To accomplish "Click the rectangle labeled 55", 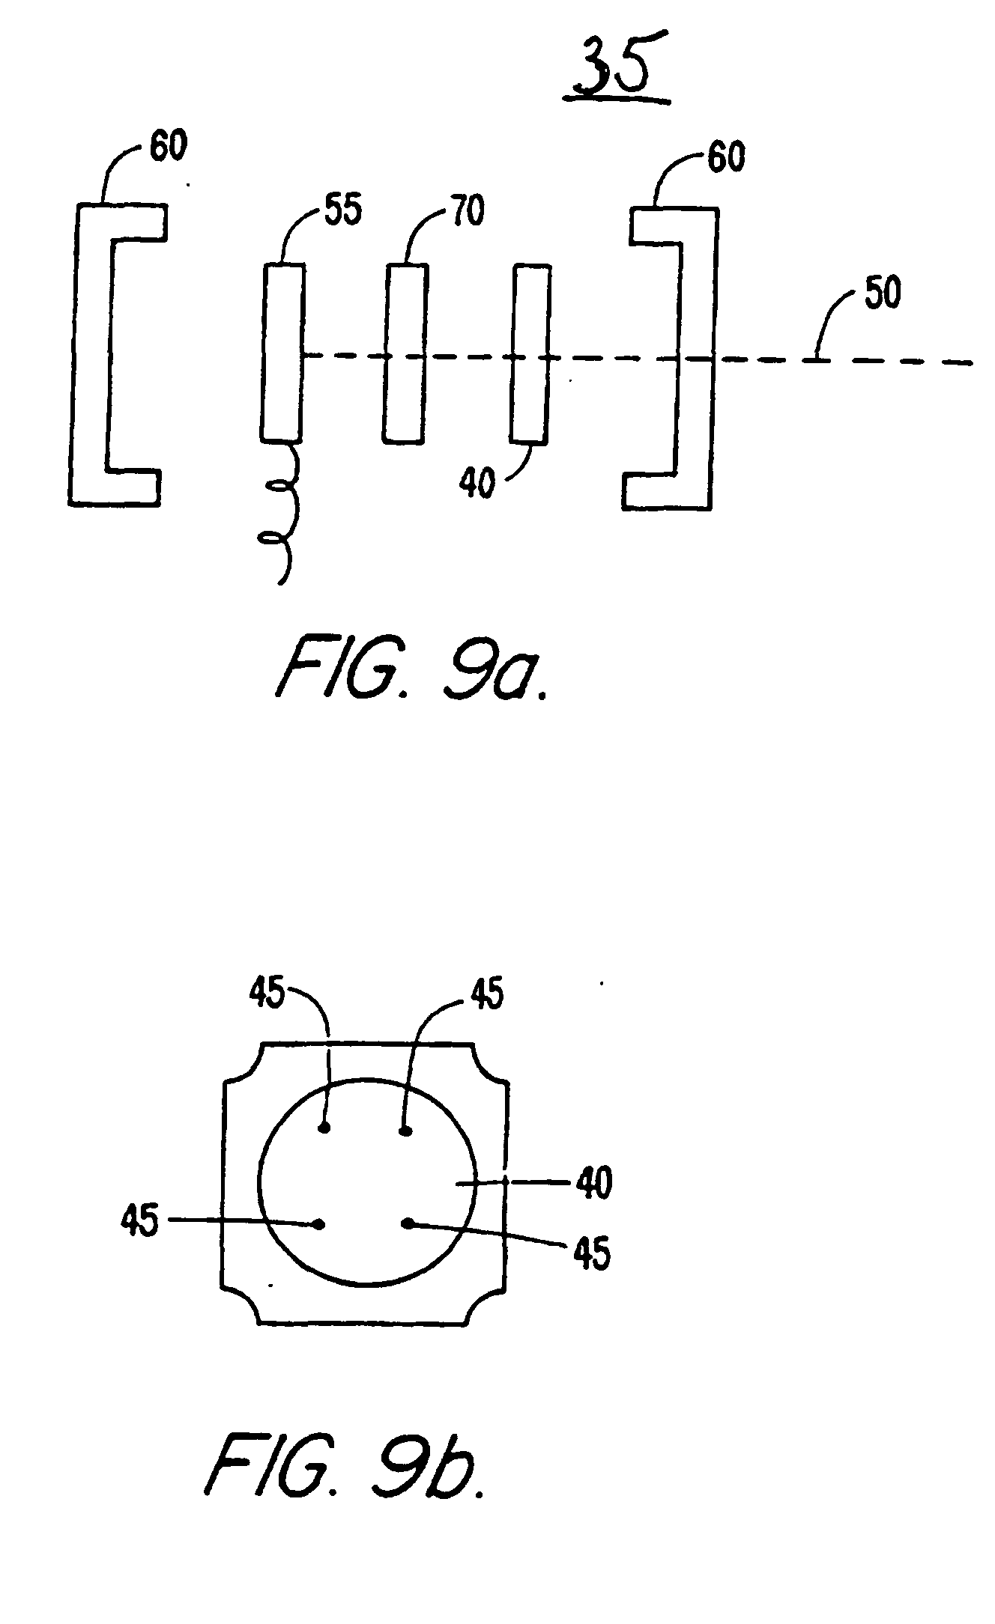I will [x=283, y=350].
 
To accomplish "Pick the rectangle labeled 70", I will [x=406, y=353].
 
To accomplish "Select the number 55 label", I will [x=342, y=211].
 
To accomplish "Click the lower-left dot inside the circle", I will [x=320, y=1224].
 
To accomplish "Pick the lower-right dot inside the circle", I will [x=408, y=1223].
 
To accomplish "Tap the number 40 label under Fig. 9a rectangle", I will [x=477, y=482].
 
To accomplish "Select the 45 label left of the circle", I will [x=139, y=1223].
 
